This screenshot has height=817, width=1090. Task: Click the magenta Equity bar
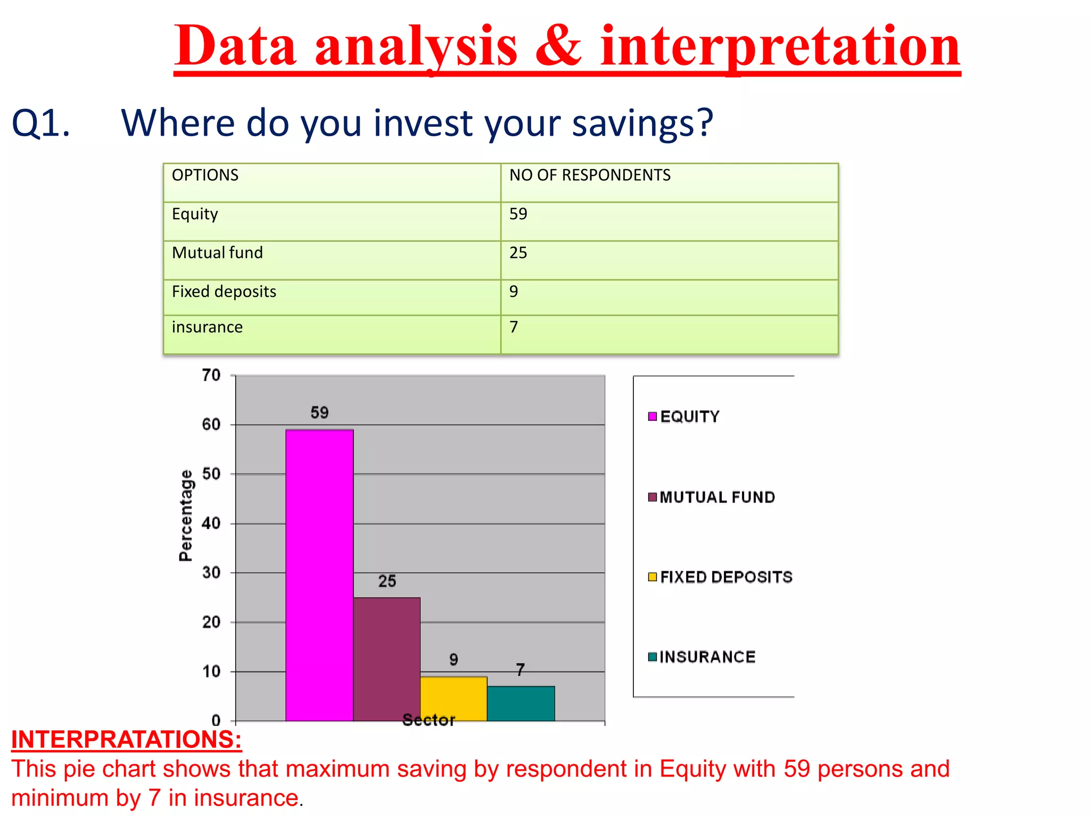[x=319, y=574]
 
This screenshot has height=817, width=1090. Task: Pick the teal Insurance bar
[x=521, y=703]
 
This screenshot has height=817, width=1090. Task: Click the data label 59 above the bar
[x=319, y=413]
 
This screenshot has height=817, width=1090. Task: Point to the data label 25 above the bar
[x=387, y=581]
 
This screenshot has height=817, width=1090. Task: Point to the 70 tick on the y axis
[x=211, y=376]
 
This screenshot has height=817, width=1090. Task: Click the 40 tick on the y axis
[x=211, y=523]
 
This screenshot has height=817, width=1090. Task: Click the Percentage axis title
[x=186, y=515]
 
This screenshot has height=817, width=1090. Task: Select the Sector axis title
[x=428, y=720]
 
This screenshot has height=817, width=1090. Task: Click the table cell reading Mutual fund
[x=217, y=253]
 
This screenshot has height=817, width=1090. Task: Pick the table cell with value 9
[x=514, y=291]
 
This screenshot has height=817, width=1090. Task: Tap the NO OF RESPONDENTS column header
[x=590, y=175]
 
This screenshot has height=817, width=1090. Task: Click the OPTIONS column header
[x=205, y=175]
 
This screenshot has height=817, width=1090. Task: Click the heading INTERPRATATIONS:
[x=126, y=739]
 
